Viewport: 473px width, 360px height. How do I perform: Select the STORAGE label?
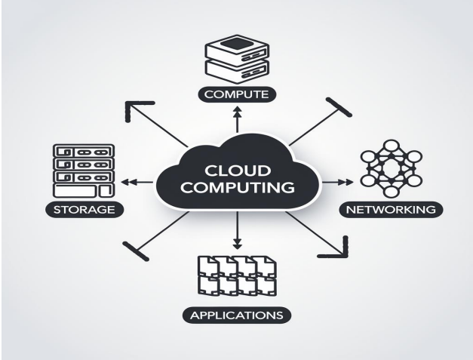(x=84, y=209)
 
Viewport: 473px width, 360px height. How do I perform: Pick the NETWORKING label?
(x=391, y=209)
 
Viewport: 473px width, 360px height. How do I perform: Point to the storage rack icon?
(x=84, y=170)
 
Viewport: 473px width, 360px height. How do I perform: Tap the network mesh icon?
(x=390, y=170)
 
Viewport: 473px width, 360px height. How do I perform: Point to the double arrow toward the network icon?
(x=341, y=182)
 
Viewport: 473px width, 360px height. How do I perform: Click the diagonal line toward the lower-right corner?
(x=317, y=234)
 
